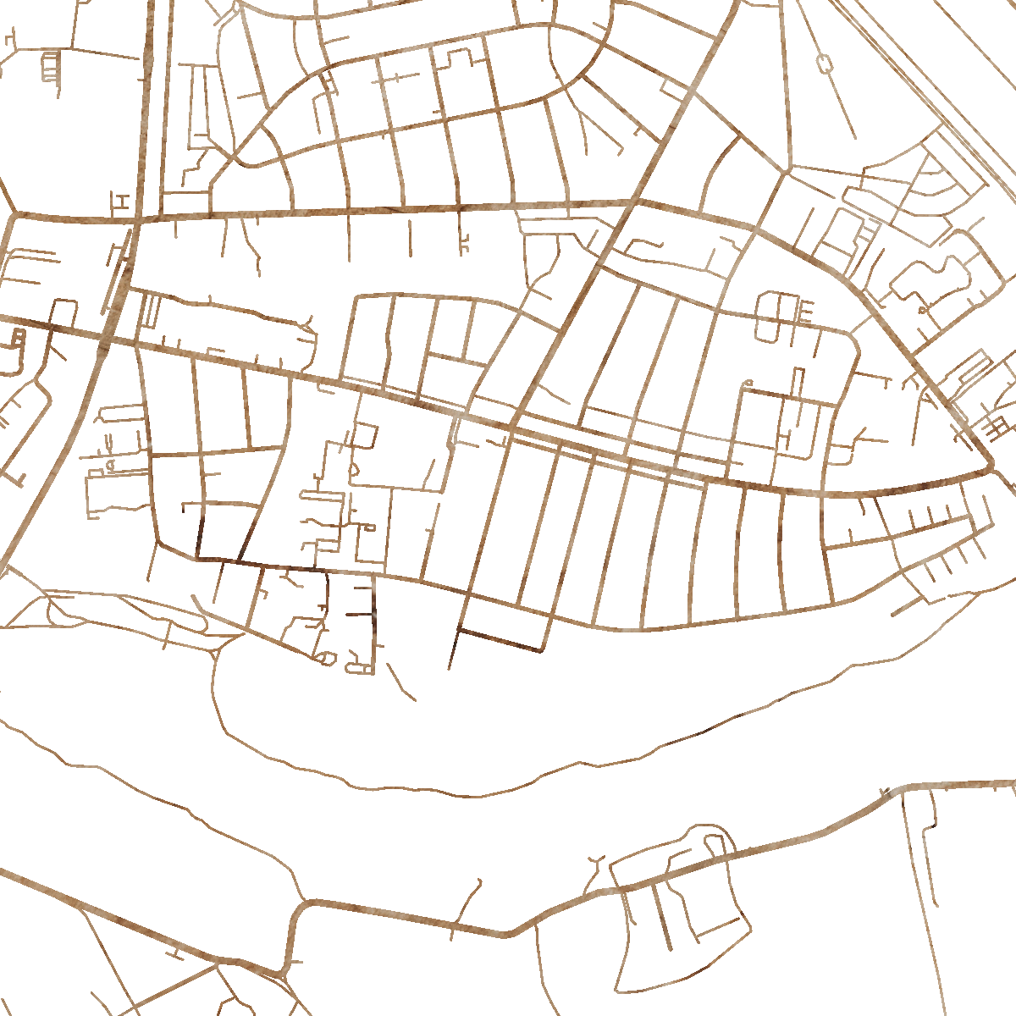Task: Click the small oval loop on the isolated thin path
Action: point(824,62)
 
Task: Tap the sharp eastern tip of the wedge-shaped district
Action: point(991,467)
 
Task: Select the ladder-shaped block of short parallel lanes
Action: point(51,66)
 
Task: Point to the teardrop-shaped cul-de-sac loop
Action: point(323,658)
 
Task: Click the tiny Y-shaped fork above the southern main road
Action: point(595,863)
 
